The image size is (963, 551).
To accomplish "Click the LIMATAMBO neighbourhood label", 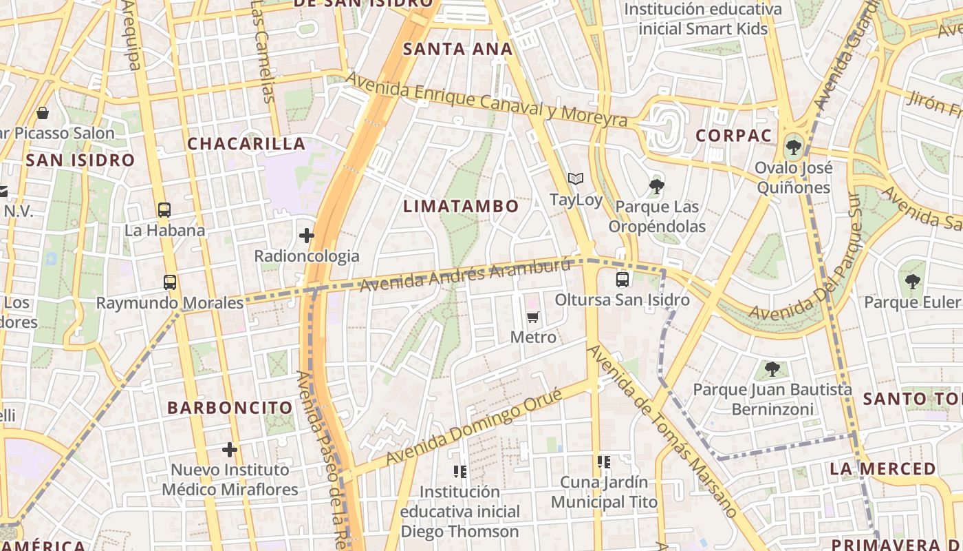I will click(461, 206).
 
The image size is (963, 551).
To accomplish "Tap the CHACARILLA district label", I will click(246, 143).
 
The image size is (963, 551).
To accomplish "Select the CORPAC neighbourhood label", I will click(733, 135).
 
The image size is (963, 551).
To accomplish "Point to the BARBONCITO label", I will click(230, 407).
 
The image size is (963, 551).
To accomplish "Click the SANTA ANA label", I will click(457, 49).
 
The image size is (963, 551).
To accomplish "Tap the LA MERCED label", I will click(883, 469).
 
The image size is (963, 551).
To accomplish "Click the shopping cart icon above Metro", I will click(533, 317).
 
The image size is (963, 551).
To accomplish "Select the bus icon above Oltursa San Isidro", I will click(623, 279).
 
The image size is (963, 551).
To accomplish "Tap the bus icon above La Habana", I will click(164, 209).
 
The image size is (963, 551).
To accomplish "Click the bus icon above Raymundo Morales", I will click(170, 282).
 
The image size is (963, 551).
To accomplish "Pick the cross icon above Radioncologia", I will click(307, 236).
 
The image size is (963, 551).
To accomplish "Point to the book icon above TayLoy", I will click(576, 179).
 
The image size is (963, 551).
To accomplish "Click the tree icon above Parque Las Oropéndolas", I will click(656, 185).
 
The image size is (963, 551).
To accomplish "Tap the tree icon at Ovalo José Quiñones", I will click(793, 146).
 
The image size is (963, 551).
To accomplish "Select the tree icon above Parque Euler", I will click(912, 281).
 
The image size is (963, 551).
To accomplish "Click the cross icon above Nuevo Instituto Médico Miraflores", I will click(230, 450).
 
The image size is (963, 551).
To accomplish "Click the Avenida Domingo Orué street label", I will click(474, 426).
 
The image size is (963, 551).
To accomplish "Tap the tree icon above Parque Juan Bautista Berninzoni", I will click(772, 368).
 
